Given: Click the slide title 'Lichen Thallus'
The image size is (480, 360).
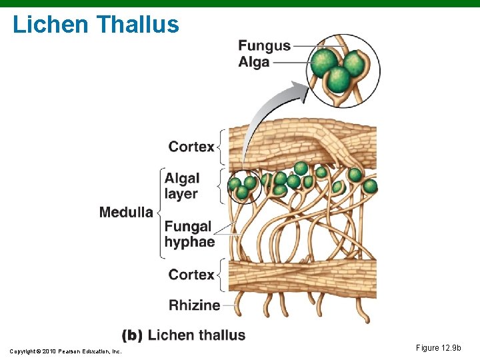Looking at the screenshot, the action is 96,25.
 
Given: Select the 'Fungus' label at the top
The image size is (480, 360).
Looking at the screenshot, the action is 264,46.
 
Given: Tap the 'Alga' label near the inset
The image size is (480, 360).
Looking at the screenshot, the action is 254,62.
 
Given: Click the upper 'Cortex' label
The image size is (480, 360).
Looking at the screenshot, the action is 191,147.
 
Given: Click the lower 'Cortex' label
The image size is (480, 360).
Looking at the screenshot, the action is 191,275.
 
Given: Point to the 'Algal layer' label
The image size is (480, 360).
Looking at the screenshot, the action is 182,186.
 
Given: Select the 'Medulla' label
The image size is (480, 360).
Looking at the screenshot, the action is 126,213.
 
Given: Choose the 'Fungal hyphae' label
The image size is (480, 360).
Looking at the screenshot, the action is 189,234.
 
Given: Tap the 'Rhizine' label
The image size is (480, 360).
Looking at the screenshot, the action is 194,305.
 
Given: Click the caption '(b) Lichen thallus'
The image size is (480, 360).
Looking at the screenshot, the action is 183,335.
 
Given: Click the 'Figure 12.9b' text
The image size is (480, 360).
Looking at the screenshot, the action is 438,348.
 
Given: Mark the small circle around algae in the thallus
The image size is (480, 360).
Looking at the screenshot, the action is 244,188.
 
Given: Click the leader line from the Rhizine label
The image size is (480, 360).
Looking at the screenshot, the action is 231,305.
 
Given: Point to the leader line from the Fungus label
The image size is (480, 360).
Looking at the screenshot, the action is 304,45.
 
